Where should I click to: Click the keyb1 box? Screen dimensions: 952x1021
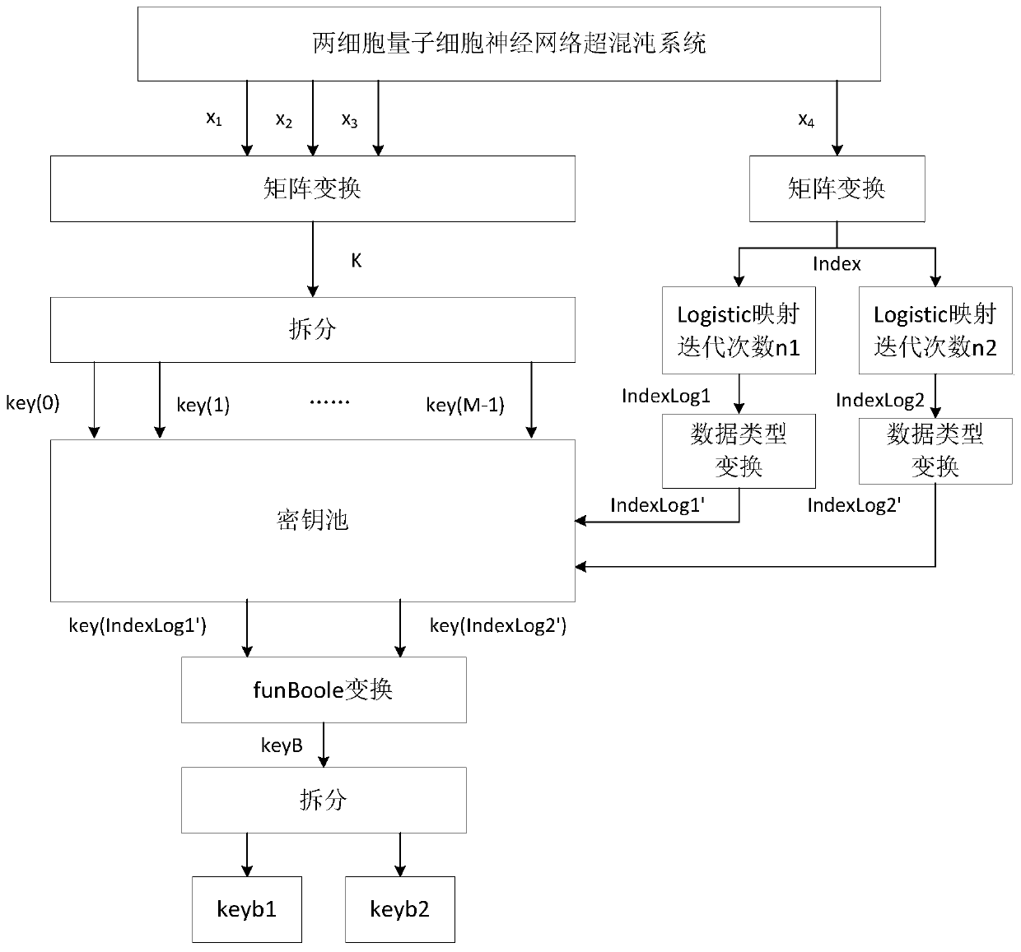tap(246, 909)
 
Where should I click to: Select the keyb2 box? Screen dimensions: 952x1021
tap(399, 909)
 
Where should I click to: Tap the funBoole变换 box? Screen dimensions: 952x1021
tap(323, 690)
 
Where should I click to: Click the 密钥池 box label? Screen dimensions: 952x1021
tap(312, 520)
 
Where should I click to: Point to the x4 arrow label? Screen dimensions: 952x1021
tap(806, 120)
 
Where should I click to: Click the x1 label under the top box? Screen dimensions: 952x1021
tap(213, 118)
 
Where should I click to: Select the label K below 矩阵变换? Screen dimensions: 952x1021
tap(356, 261)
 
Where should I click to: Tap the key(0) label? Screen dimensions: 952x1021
tap(33, 403)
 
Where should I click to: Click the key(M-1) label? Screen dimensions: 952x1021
tap(465, 405)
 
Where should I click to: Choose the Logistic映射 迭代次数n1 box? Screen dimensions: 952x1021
tap(739, 331)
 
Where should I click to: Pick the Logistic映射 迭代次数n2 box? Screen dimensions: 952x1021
tap(935, 331)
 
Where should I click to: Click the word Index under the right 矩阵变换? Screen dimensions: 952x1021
tap(836, 264)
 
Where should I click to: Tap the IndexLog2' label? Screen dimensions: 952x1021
tap(854, 505)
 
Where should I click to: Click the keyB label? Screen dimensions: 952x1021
tap(282, 745)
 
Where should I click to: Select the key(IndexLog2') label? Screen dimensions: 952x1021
tap(498, 625)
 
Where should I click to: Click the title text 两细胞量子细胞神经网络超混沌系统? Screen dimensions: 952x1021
tap(509, 43)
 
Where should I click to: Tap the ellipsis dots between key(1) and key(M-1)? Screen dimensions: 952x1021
tap(329, 402)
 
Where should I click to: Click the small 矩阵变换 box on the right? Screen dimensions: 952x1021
tap(836, 189)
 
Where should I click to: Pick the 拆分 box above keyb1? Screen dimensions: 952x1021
tap(323, 800)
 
